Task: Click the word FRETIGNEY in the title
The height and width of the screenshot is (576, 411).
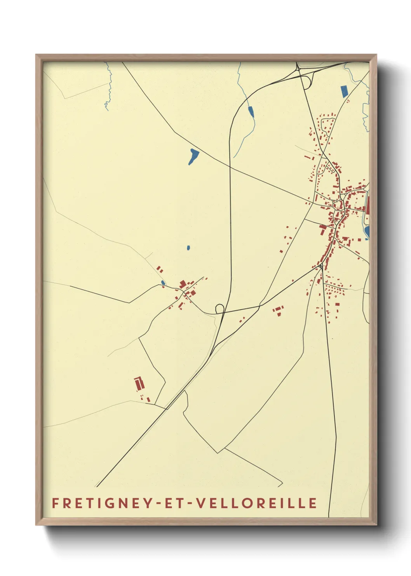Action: pos(101,503)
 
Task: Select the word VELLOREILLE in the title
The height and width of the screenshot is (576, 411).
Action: pos(256,503)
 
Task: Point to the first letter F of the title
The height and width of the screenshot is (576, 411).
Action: pos(55,503)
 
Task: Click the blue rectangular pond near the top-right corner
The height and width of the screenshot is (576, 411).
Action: pos(344,91)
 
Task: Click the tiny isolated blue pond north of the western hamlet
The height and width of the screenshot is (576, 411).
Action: pos(188,248)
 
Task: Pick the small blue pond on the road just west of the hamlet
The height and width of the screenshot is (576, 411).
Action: pos(163,283)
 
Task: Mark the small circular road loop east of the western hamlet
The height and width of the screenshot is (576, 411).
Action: pos(219,308)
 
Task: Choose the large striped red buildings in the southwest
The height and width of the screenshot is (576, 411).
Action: pos(139,383)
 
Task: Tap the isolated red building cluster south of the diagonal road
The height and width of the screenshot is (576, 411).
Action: pos(278,310)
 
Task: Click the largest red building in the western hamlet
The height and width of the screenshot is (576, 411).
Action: pos(183,284)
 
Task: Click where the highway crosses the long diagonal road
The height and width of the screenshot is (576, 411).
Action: pos(230,167)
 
